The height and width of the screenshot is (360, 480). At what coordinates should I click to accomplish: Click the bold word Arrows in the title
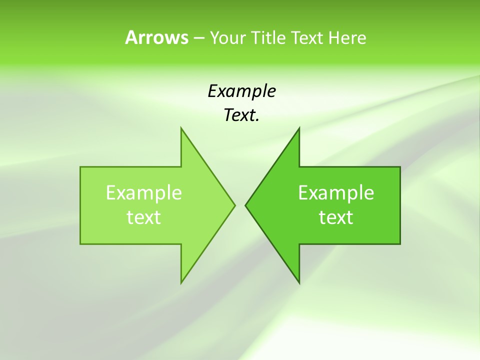156,37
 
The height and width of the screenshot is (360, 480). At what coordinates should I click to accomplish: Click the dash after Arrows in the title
198,38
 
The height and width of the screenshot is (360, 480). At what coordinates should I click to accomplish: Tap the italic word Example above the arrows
241,91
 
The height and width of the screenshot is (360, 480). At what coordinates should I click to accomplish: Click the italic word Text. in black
241,115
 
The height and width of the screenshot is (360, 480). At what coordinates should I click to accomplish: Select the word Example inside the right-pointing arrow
144,193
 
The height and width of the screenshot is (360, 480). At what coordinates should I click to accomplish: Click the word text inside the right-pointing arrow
144,217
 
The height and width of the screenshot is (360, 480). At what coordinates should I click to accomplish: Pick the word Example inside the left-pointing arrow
336,193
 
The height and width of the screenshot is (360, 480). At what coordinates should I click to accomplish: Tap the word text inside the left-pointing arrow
336,217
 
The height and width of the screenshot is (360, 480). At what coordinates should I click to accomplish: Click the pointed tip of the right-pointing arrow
234,205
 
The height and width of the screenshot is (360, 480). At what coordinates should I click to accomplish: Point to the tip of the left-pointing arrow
245,205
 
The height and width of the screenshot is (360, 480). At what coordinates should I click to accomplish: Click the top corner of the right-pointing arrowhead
181,128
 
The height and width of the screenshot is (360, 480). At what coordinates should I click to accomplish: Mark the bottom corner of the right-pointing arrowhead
181,283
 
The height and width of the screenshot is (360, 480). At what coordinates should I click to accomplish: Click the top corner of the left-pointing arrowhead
299,128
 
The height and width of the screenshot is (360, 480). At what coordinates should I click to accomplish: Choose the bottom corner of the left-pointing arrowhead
299,283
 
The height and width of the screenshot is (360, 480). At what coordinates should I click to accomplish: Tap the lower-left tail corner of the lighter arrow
80,244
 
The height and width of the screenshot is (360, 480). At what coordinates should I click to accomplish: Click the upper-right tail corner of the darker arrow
400,167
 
